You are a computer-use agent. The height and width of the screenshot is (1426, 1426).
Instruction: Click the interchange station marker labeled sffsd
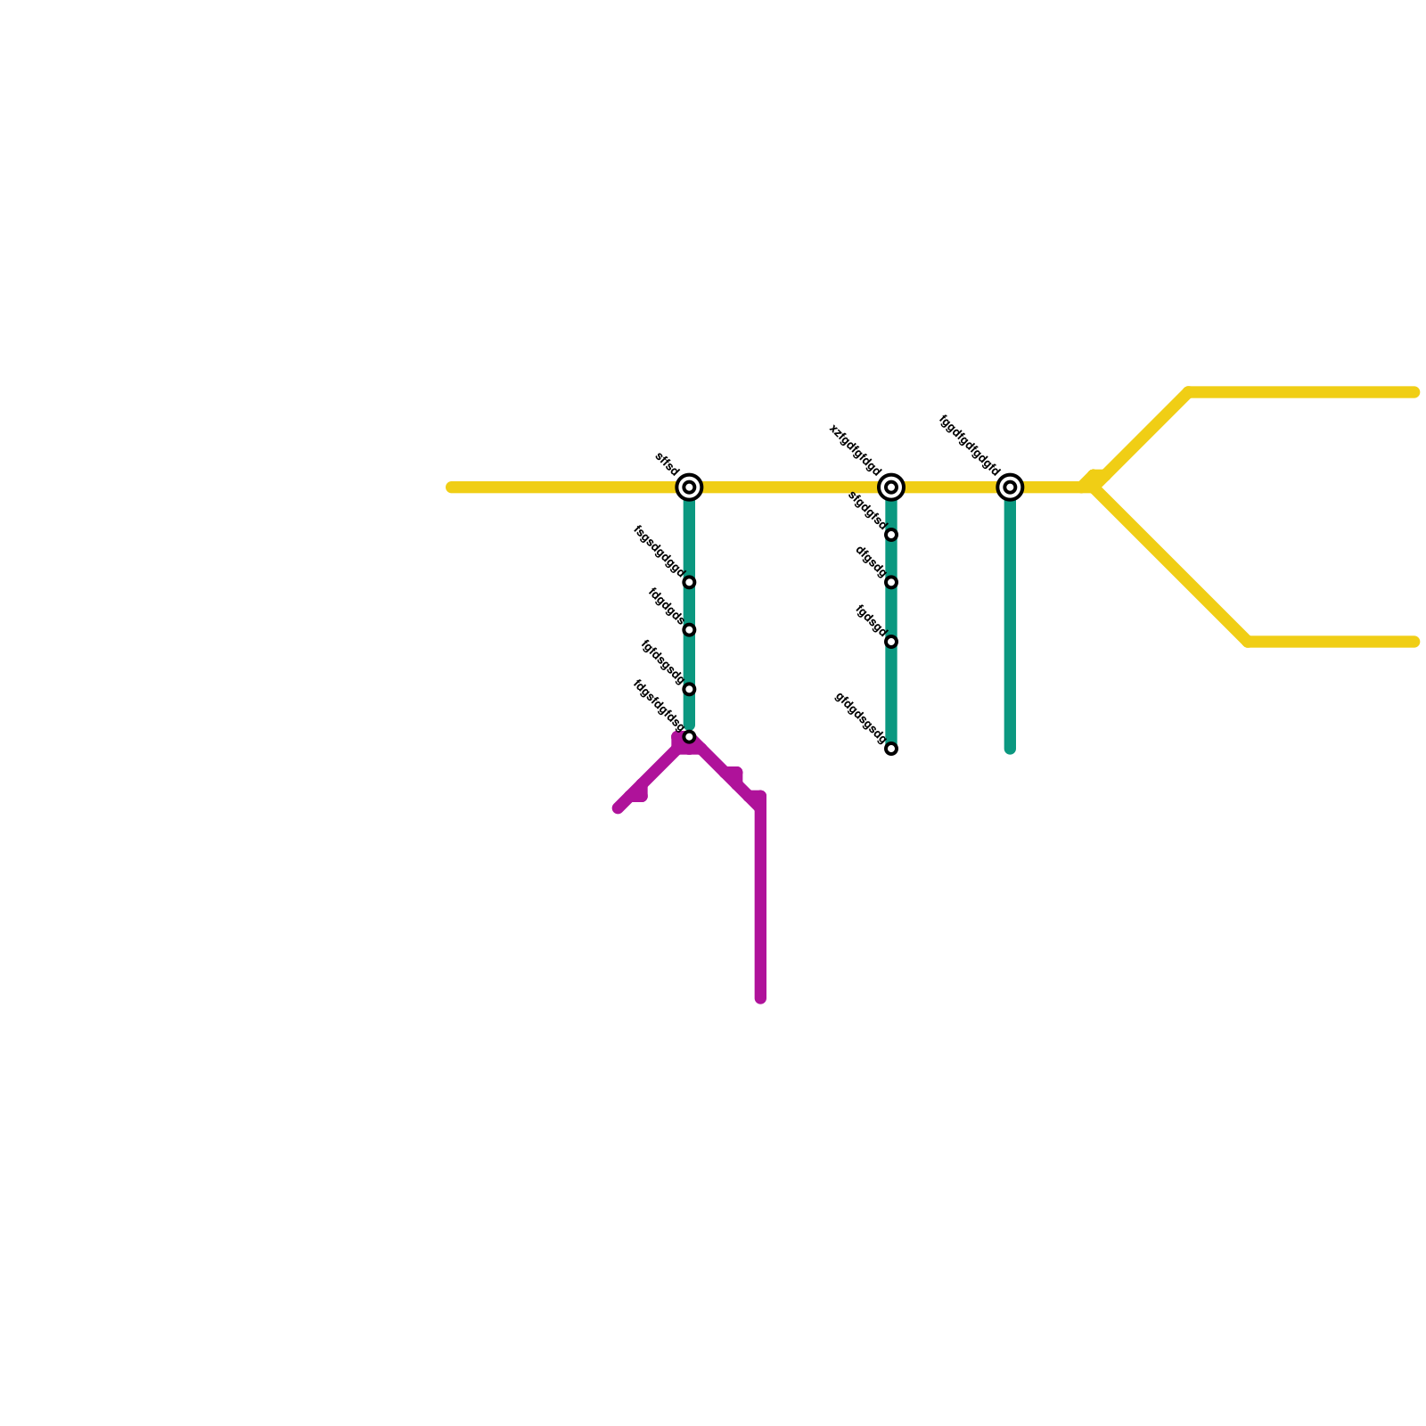(689, 488)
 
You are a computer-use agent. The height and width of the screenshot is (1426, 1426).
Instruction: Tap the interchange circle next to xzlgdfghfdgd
(891, 488)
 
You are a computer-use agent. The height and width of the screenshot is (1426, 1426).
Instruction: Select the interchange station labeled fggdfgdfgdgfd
(1010, 488)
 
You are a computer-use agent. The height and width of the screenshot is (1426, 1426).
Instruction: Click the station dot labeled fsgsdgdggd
(689, 583)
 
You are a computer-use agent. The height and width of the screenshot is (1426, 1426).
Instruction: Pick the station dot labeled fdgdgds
(689, 630)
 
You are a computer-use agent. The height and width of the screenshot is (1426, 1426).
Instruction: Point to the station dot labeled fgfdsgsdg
(689, 689)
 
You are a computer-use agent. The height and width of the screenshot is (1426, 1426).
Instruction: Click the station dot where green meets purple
(689, 737)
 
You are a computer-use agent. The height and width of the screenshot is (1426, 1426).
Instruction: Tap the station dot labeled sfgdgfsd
(891, 535)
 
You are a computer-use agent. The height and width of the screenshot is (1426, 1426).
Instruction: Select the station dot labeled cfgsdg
(891, 583)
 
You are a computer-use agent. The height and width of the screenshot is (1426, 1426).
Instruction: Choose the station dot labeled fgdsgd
(891, 642)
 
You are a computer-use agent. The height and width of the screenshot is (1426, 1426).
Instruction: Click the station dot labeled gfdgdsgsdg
(891, 749)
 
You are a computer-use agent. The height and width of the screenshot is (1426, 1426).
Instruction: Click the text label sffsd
(667, 464)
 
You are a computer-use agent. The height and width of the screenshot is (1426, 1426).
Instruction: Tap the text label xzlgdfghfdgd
(856, 451)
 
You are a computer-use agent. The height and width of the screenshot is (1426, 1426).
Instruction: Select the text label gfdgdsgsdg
(860, 717)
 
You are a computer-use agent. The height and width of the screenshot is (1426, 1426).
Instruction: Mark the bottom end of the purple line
(760, 998)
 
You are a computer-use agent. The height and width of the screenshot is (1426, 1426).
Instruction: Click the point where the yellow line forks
(1096, 487)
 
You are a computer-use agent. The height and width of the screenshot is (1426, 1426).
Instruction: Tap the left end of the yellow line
(452, 488)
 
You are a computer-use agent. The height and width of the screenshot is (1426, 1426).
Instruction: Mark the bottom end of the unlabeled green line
(1010, 749)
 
